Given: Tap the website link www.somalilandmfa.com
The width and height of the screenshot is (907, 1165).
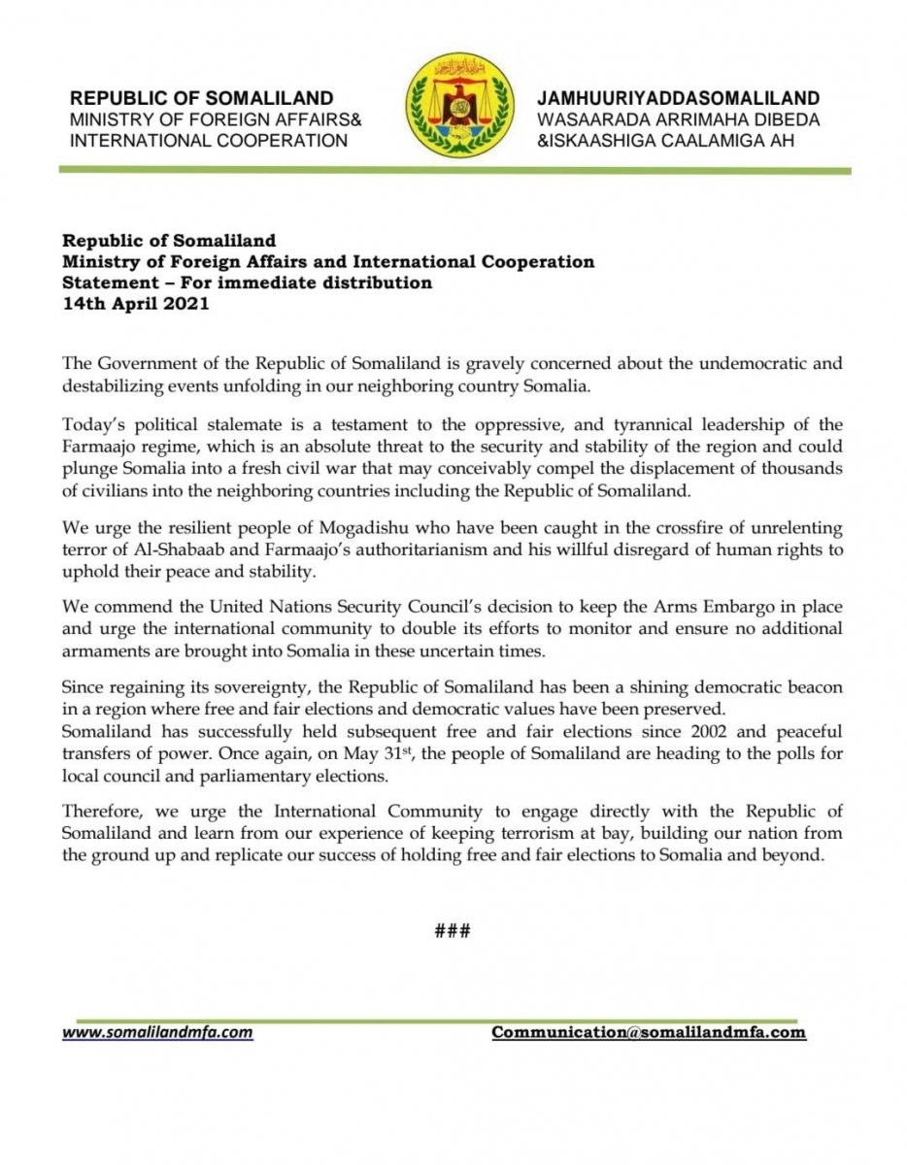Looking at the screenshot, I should pos(157,1033).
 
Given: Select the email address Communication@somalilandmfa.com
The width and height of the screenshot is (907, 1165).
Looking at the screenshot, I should pos(649,1032).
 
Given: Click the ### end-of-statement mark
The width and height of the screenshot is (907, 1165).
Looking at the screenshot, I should pos(453,931).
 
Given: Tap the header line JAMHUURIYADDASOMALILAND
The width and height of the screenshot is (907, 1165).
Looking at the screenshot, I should pos(678,99).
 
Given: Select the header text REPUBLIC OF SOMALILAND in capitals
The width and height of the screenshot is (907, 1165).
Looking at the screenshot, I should pos(201,99).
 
